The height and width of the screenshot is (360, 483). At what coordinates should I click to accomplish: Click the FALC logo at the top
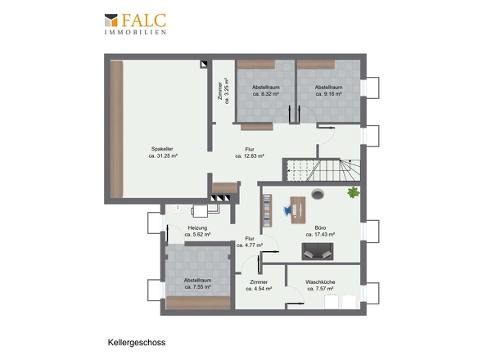(x=135, y=24)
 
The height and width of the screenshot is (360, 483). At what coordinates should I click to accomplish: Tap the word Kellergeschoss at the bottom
(x=137, y=343)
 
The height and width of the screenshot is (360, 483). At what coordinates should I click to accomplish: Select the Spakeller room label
(x=162, y=149)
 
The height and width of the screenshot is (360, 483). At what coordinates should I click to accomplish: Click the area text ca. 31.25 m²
(x=163, y=155)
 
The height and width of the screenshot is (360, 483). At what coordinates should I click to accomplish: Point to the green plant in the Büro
(x=354, y=192)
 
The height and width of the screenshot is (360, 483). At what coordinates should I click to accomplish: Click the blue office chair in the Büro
(x=287, y=209)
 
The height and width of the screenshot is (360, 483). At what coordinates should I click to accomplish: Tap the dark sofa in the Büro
(x=318, y=251)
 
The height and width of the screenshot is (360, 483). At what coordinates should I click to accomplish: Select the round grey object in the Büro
(x=318, y=195)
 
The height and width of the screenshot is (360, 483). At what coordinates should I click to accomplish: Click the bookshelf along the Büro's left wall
(x=267, y=210)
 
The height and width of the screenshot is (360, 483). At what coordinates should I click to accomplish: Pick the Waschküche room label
(x=320, y=281)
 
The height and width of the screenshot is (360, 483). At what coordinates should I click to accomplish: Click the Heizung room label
(x=197, y=228)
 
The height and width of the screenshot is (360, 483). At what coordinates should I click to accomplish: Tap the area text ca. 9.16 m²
(x=328, y=94)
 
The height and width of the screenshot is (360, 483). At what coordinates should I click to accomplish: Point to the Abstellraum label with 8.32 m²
(x=266, y=88)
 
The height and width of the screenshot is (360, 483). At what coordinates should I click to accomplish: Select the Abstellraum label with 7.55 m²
(x=198, y=281)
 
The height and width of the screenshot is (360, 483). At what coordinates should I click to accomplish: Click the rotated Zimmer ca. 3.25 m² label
(x=223, y=91)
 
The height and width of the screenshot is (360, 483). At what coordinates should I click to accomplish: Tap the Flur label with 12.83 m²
(x=250, y=150)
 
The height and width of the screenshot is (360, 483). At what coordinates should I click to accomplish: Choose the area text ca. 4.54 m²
(x=259, y=289)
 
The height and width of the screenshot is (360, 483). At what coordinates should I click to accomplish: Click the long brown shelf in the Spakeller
(x=117, y=129)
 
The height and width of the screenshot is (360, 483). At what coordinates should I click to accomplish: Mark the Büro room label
(x=320, y=228)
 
